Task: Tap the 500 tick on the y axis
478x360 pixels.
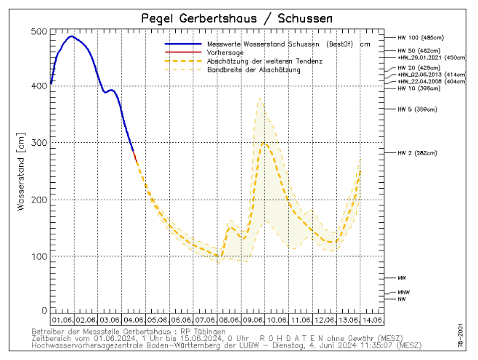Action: pos(39,32)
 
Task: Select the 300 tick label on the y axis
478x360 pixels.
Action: pos(39,143)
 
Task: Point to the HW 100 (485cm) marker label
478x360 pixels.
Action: pos(421,37)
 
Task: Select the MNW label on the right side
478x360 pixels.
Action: pos(404,292)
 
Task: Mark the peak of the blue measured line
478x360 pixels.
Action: pos(70,36)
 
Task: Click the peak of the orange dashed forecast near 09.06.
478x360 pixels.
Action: pos(264,143)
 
